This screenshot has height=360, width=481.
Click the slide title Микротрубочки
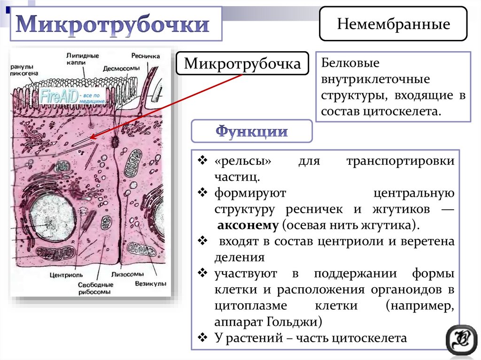tap(112, 25)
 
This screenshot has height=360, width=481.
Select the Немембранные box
tap(393, 24)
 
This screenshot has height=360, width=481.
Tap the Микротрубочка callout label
tap(242, 63)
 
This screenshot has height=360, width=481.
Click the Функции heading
tap(251, 131)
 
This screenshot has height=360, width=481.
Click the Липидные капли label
tap(83, 59)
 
